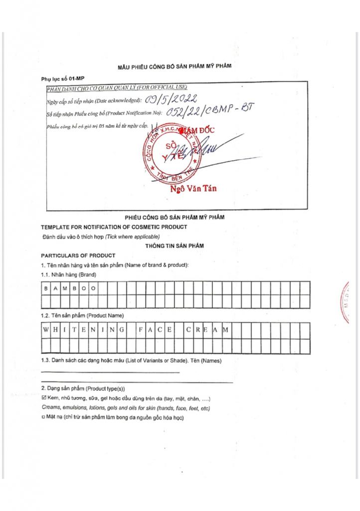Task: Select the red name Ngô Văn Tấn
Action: coord(193,189)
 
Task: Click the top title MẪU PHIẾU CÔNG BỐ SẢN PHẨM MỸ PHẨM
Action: coord(175,66)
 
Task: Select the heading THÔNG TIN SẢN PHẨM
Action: coord(175,246)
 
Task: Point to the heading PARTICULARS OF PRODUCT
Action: coord(78,255)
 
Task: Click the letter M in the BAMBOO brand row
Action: coord(65,288)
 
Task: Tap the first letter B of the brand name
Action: coord(46,288)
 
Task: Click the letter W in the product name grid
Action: coord(46,330)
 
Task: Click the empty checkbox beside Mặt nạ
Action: coord(43,418)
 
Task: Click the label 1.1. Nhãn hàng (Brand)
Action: coord(68,274)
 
